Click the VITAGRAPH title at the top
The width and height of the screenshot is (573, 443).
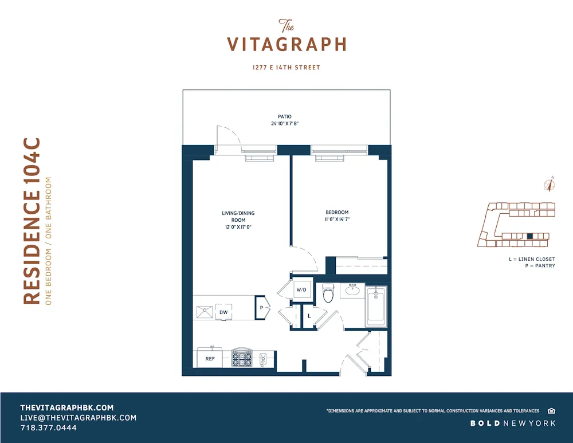[x=286, y=44]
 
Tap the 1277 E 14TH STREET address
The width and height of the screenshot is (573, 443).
[x=286, y=68]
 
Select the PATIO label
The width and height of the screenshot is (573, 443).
[x=285, y=116]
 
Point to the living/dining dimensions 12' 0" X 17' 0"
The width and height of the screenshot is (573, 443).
[x=238, y=227]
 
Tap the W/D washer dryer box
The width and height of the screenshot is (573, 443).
[x=302, y=290]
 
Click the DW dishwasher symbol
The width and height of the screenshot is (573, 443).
[x=223, y=312]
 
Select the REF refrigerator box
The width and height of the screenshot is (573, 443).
[x=210, y=358]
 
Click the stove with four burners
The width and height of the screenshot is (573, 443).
[x=241, y=358]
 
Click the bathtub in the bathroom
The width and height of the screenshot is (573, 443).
[x=376, y=307]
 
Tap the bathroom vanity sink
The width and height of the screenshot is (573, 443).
[x=353, y=290]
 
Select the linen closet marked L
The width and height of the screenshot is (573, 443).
[x=309, y=316]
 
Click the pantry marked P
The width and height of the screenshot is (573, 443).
[x=262, y=308]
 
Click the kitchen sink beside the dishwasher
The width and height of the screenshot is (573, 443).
[x=203, y=312]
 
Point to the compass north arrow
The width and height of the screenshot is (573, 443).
[x=550, y=185]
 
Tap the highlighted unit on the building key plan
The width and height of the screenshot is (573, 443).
[x=530, y=236]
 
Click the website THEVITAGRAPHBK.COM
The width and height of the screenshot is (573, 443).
[x=67, y=407]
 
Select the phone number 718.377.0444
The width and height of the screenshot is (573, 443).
[x=48, y=428]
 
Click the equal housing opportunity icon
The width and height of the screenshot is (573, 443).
[x=551, y=410]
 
